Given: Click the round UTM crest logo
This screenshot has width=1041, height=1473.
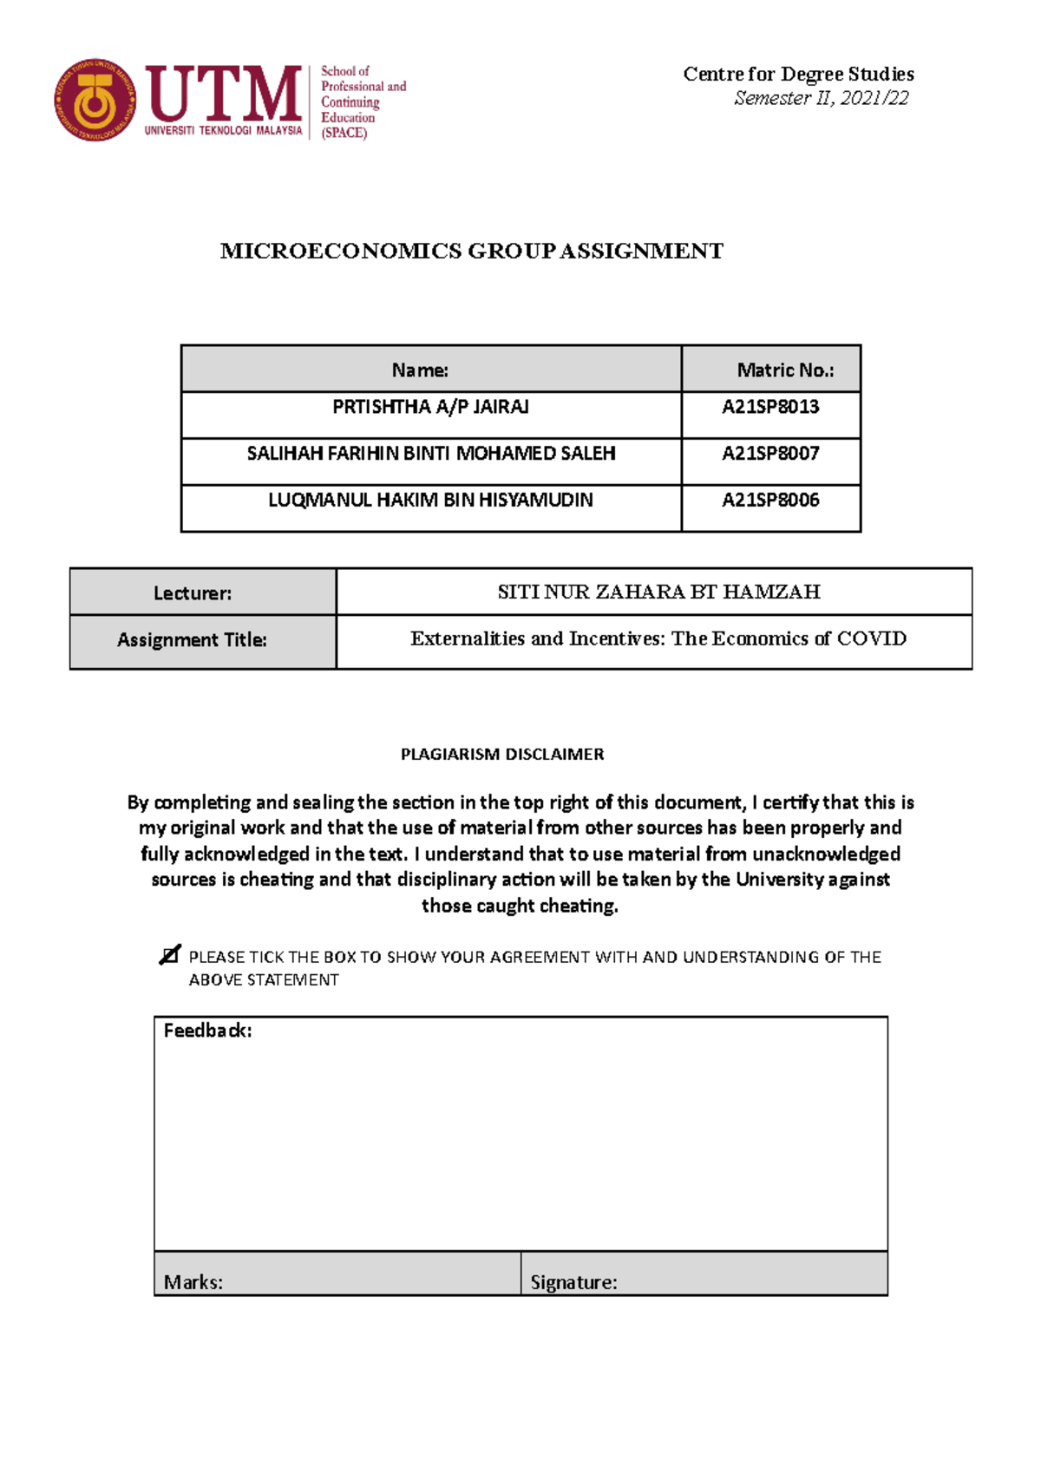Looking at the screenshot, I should [x=95, y=100].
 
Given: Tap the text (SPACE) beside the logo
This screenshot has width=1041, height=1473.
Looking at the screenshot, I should [x=344, y=134].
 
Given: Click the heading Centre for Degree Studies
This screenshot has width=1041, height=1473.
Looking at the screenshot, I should [x=798, y=74].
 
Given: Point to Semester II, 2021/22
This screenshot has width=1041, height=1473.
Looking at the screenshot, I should [x=821, y=98].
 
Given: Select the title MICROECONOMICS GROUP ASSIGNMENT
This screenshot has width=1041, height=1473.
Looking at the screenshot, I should [x=471, y=252].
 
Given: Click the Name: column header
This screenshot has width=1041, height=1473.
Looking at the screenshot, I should [x=420, y=370].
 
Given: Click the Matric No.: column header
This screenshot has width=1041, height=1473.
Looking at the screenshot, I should [x=785, y=370].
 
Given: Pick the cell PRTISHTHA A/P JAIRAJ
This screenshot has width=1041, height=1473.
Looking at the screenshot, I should [x=430, y=407].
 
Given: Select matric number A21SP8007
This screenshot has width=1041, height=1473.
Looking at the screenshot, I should [x=770, y=454].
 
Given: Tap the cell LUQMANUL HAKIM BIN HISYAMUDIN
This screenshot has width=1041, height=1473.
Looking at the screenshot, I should [x=430, y=501].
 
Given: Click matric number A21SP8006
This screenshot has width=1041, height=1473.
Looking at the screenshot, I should [x=770, y=501].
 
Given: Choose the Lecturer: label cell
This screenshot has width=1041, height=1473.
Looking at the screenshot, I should [x=193, y=593].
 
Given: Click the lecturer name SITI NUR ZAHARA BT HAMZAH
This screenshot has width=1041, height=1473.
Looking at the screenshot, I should [x=658, y=592].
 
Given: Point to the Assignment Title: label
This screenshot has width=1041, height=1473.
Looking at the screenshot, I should [x=193, y=640].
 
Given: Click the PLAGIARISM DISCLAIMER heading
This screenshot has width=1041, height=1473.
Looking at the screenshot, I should [x=502, y=755].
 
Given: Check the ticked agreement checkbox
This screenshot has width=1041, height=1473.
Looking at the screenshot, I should [x=169, y=955].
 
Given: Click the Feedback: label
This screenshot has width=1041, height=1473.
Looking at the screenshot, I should [x=207, y=1031].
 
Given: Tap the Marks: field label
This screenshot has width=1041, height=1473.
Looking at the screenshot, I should [x=193, y=1282].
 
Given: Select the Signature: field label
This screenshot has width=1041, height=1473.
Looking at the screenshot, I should [x=573, y=1282].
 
